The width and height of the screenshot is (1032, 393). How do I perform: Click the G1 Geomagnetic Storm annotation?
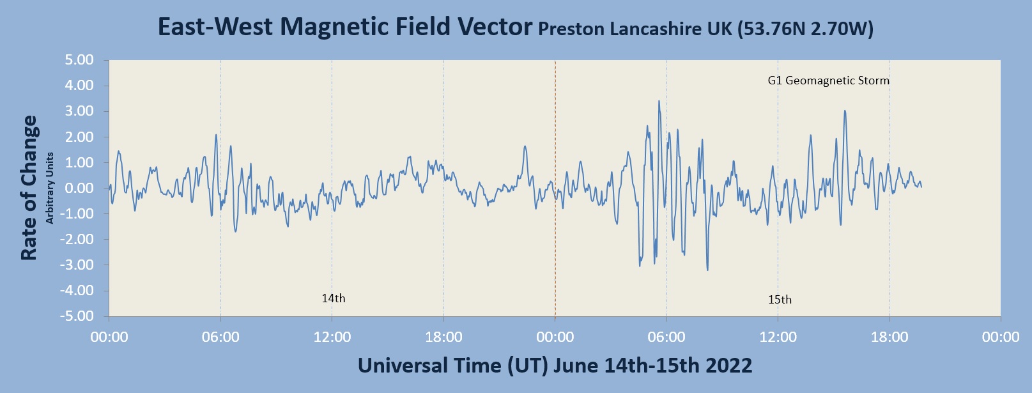(x=828, y=81)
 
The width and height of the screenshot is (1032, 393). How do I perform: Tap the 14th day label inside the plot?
(x=333, y=298)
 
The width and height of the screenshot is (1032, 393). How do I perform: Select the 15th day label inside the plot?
(x=780, y=300)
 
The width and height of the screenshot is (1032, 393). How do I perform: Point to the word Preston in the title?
(x=572, y=29)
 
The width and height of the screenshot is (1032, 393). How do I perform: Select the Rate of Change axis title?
(x=29, y=188)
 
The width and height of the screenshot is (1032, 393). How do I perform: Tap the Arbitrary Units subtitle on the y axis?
(x=50, y=188)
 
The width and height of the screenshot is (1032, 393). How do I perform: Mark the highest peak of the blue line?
(x=659, y=101)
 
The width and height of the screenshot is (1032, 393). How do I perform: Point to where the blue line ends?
(x=921, y=186)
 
